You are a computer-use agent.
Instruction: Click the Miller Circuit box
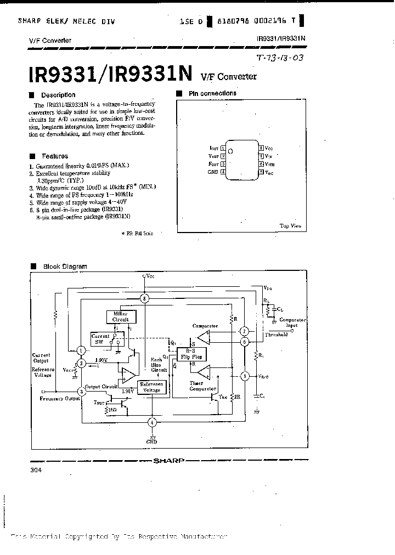(120, 316)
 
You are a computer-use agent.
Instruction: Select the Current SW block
(101, 338)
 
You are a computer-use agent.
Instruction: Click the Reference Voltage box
(151, 387)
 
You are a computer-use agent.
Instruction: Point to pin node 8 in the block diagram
(144, 298)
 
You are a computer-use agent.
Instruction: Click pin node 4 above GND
(153, 422)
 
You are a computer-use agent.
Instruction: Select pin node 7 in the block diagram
(245, 331)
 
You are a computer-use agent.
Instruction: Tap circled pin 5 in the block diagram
(245, 376)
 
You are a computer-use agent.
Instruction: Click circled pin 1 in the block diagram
(81, 350)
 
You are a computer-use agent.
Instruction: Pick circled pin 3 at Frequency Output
(81, 391)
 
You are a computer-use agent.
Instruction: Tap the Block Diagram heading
(65, 267)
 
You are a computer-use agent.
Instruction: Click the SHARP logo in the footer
(170, 461)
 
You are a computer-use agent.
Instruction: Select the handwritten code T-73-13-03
(280, 58)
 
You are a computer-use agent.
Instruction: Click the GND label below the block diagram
(151, 441)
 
